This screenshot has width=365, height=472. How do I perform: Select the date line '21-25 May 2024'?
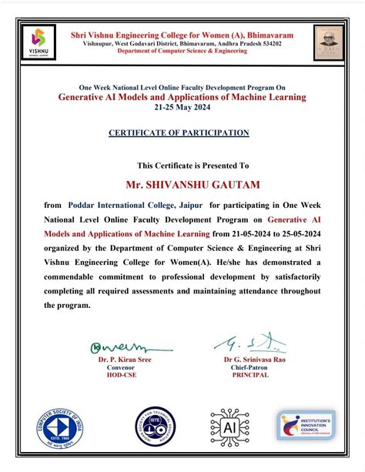[x=182, y=107]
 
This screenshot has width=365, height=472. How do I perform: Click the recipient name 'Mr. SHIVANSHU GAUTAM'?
[x=182, y=185]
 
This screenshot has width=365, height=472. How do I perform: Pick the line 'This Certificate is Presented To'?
[x=182, y=166]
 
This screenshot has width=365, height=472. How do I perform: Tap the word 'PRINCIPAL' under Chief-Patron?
[x=246, y=375]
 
